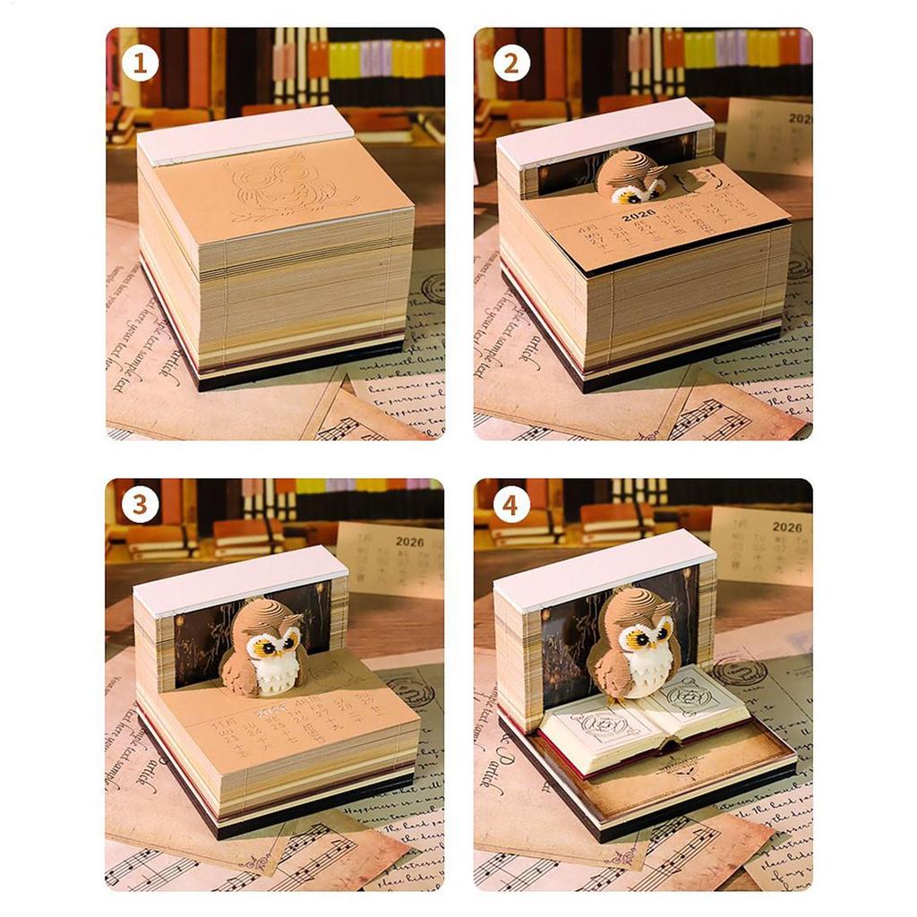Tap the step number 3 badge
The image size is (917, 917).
pyautogui.click(x=140, y=506)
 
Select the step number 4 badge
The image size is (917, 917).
pyautogui.click(x=510, y=506)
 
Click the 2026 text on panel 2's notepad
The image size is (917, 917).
pyautogui.click(x=637, y=214)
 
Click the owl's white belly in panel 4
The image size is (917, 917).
pyautogui.click(x=647, y=667)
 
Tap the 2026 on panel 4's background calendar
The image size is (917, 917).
pyautogui.click(x=786, y=527)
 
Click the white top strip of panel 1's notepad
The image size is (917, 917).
pyautogui.click(x=244, y=134)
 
